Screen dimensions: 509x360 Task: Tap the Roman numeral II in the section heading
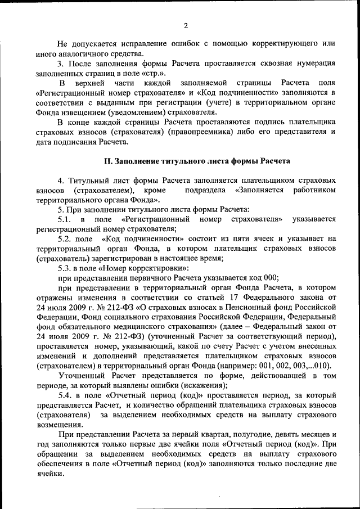[x=109, y=161]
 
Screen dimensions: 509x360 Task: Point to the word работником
[x=314, y=190]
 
